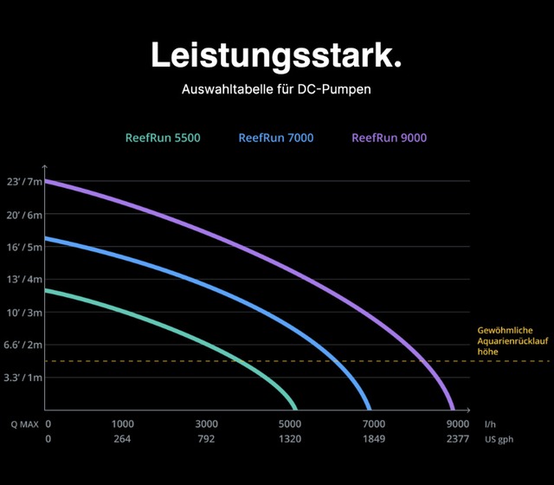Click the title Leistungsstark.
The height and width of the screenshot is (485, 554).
[x=276, y=55]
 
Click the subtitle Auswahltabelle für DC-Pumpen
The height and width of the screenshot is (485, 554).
[x=276, y=90]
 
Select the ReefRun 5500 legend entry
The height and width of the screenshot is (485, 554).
[x=163, y=138]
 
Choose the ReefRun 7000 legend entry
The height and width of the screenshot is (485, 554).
[x=275, y=138]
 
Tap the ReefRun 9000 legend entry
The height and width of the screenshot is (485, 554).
[x=389, y=138]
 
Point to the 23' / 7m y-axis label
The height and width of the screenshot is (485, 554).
[x=24, y=181]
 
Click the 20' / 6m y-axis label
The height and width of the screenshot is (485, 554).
[x=24, y=214]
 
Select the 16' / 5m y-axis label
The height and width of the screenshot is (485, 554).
[x=24, y=247]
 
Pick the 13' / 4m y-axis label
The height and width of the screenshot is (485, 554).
[x=24, y=280]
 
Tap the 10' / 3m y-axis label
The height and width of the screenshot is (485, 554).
[x=24, y=312]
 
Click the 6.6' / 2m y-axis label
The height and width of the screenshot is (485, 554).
[x=23, y=345]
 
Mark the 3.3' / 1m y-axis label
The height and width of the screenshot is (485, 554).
[x=23, y=378]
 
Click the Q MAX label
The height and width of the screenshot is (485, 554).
[x=23, y=424]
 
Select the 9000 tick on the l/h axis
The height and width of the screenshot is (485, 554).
[x=458, y=424]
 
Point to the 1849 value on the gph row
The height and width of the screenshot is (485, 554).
[x=373, y=440]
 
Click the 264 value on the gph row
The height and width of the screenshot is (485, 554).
[x=124, y=440]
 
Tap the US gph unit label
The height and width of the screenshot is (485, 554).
[x=499, y=440]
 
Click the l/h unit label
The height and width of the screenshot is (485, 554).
[x=491, y=424]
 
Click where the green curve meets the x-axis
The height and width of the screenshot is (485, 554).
[x=295, y=409]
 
